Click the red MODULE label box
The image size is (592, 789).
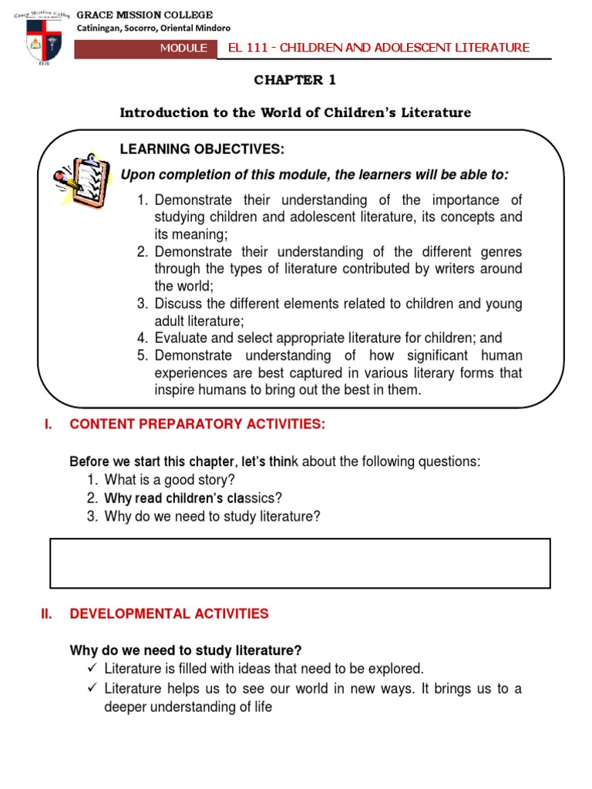click(183, 48)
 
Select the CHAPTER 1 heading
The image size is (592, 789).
click(295, 80)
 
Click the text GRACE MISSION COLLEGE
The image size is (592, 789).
click(145, 15)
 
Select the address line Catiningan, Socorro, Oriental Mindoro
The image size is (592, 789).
click(153, 29)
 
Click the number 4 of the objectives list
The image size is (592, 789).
click(142, 337)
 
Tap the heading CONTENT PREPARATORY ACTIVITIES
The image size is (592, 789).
click(197, 424)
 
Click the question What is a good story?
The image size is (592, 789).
click(170, 479)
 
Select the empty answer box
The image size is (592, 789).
click(301, 563)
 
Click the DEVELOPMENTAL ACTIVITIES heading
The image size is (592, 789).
click(169, 614)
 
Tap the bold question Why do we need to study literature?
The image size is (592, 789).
click(185, 650)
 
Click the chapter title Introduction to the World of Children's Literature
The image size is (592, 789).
click(295, 113)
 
